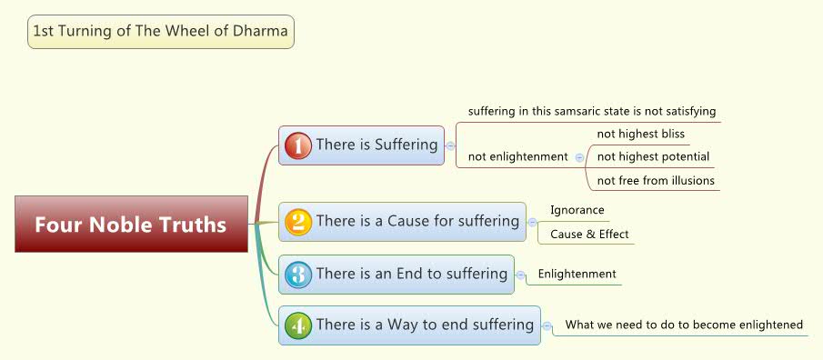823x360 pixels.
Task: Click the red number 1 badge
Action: [298, 145]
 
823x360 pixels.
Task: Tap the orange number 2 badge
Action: [298, 222]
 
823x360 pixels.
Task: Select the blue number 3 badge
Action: [298, 275]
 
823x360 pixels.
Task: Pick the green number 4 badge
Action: [298, 325]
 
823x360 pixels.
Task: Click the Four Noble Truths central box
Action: [131, 224]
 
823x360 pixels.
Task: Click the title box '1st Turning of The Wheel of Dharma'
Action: [161, 32]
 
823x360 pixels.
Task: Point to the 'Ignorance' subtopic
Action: [577, 210]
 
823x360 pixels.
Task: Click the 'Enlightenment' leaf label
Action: [577, 274]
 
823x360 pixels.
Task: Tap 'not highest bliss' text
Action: [640, 134]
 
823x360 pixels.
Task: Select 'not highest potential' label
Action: [653, 156]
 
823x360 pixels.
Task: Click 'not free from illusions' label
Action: [656, 180]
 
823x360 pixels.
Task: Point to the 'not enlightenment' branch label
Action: [517, 156]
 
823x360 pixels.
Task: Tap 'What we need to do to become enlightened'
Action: [684, 325]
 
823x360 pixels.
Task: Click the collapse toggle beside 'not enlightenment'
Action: [580, 157]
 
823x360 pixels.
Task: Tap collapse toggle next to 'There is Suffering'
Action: [450, 145]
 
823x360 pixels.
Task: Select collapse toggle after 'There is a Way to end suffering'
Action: [547, 325]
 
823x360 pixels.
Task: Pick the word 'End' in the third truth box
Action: [396, 274]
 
